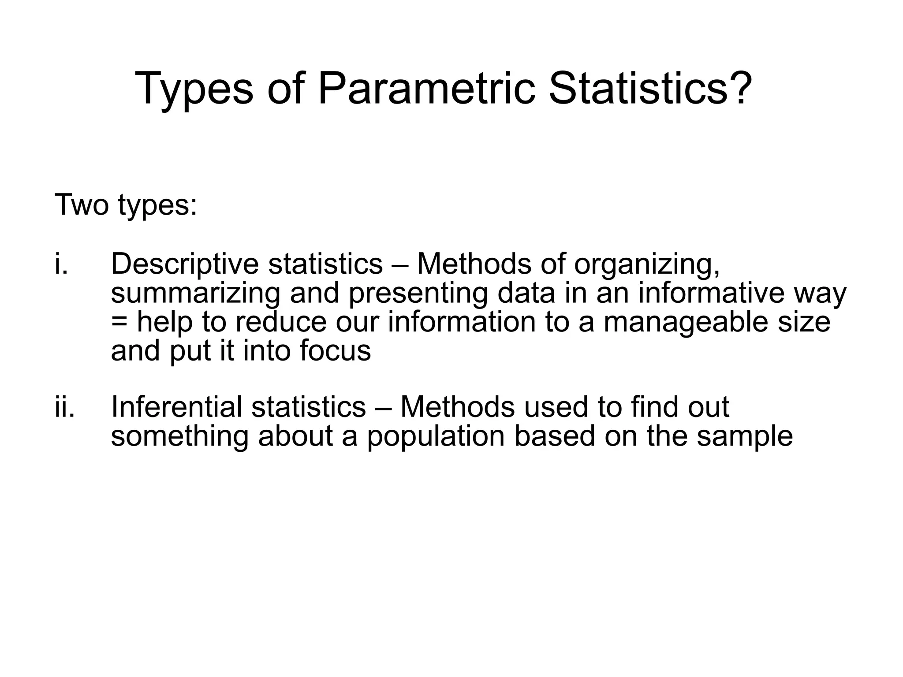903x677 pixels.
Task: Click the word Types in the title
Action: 194,89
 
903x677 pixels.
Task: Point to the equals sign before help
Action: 119,323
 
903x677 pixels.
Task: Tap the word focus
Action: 335,351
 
